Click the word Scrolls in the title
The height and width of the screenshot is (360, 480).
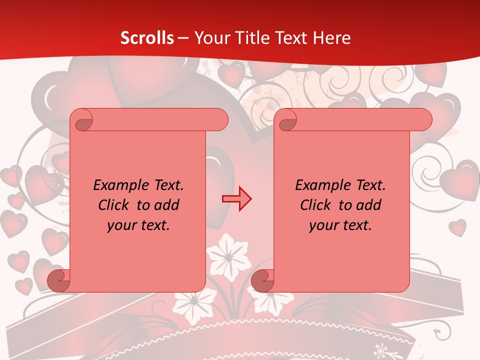coord(147,38)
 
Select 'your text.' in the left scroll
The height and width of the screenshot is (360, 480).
coord(138,225)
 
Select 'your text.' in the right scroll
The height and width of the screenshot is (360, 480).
coord(340,225)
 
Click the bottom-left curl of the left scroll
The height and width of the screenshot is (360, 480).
coord(58,281)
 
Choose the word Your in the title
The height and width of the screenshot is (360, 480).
coord(209,38)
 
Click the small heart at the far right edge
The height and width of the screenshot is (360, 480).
coord(457,227)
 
